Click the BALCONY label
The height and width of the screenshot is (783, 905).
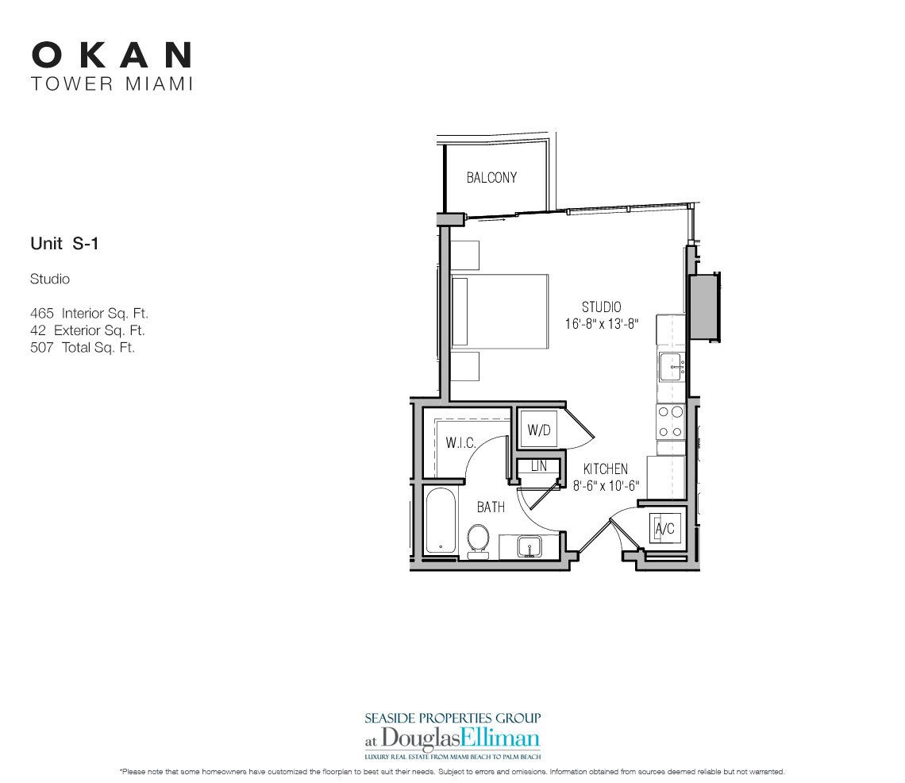pyautogui.click(x=491, y=178)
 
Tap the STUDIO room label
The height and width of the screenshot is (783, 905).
pyautogui.click(x=601, y=307)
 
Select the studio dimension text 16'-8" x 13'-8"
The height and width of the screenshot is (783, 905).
pyautogui.click(x=601, y=323)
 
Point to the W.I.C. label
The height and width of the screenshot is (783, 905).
pyautogui.click(x=460, y=442)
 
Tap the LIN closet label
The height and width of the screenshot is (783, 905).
pyautogui.click(x=539, y=467)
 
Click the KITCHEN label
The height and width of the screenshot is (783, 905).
pyautogui.click(x=605, y=469)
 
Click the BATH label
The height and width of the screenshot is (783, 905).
pyautogui.click(x=491, y=507)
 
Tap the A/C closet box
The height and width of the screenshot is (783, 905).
pyautogui.click(x=663, y=527)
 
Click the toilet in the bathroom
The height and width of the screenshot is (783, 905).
pyautogui.click(x=478, y=540)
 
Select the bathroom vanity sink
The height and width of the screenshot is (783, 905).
pyautogui.click(x=529, y=546)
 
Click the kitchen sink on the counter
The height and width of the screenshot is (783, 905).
pyautogui.click(x=672, y=368)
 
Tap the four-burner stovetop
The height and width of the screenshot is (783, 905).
pyautogui.click(x=671, y=422)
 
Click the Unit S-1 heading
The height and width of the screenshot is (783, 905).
pyautogui.click(x=64, y=245)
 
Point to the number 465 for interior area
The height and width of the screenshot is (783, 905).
pyautogui.click(x=40, y=314)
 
